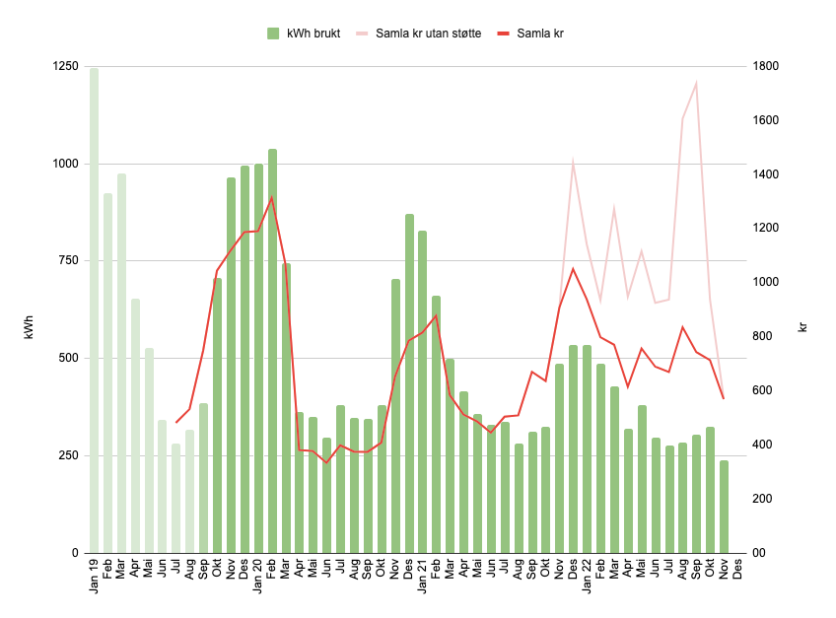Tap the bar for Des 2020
coord(409,383)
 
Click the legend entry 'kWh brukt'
coord(313,34)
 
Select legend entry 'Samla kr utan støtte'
coord(428,34)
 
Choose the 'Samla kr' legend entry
coord(537,34)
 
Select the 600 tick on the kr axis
coord(764,391)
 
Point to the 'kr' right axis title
coord(803,325)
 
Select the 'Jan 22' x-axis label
coord(587,575)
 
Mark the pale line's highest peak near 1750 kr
coord(696,83)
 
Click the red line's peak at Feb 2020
coord(272,198)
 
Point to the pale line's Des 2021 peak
coord(573,161)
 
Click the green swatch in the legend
coord(273,34)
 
